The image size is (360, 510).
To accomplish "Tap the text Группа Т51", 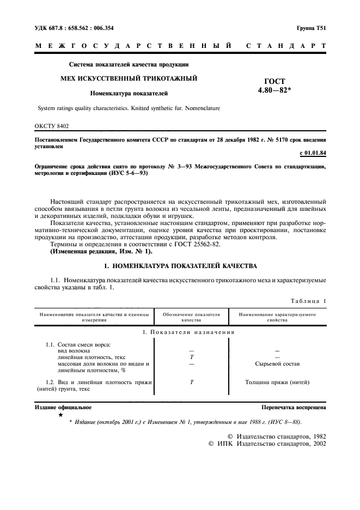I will [x=310, y=28].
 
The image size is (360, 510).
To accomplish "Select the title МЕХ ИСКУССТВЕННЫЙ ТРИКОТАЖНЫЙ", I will [x=129, y=78].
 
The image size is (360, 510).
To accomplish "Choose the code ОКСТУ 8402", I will [x=52, y=126].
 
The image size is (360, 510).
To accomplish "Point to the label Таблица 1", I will [x=308, y=300].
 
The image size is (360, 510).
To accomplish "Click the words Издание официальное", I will [x=63, y=407].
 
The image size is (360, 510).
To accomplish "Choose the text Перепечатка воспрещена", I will [x=294, y=407].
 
